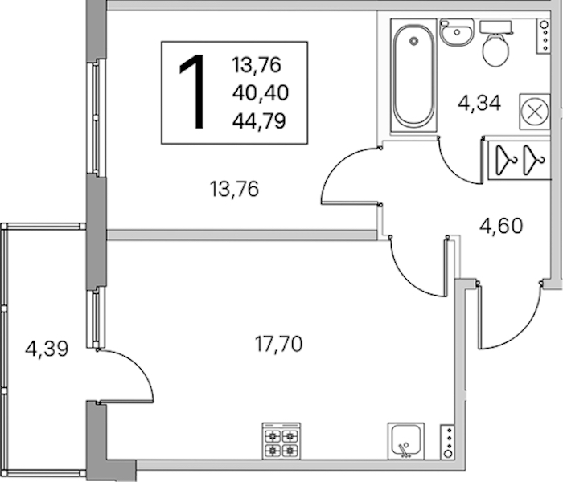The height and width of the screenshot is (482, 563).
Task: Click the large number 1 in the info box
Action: [x=191, y=92]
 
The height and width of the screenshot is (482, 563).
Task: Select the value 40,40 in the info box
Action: [x=261, y=93]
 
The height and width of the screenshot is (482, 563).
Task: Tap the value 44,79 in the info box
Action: [x=259, y=120]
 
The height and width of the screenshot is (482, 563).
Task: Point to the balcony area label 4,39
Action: [x=47, y=349]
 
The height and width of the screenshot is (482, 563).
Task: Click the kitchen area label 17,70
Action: [x=278, y=345]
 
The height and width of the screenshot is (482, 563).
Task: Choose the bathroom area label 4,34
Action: [x=479, y=104]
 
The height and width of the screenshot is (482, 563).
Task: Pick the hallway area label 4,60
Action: [x=501, y=226]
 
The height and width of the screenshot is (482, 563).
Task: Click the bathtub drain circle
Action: [x=414, y=40]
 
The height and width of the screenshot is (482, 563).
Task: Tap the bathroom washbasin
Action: [x=457, y=32]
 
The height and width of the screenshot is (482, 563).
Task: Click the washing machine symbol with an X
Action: [x=535, y=112]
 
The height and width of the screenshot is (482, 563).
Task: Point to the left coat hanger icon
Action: [x=506, y=160]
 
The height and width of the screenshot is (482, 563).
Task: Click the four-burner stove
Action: [x=281, y=441]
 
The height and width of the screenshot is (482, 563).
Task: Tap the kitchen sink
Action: [x=406, y=441]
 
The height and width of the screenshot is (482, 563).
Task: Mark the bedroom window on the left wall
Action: [x=96, y=117]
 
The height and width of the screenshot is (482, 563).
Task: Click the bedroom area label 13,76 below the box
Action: [x=234, y=190]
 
